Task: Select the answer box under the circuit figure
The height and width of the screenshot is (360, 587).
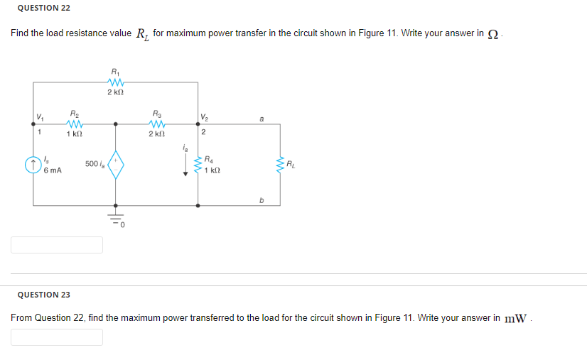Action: coord(57,245)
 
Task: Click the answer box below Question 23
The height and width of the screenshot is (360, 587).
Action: coord(57,337)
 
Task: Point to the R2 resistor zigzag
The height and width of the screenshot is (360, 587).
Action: coord(74,124)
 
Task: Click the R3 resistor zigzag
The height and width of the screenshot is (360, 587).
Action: coord(157,124)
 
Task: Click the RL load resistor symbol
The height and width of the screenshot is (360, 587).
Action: coord(281,165)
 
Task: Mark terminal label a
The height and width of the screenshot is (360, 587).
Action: coord(261,120)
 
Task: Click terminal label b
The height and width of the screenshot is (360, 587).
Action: coord(261,200)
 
